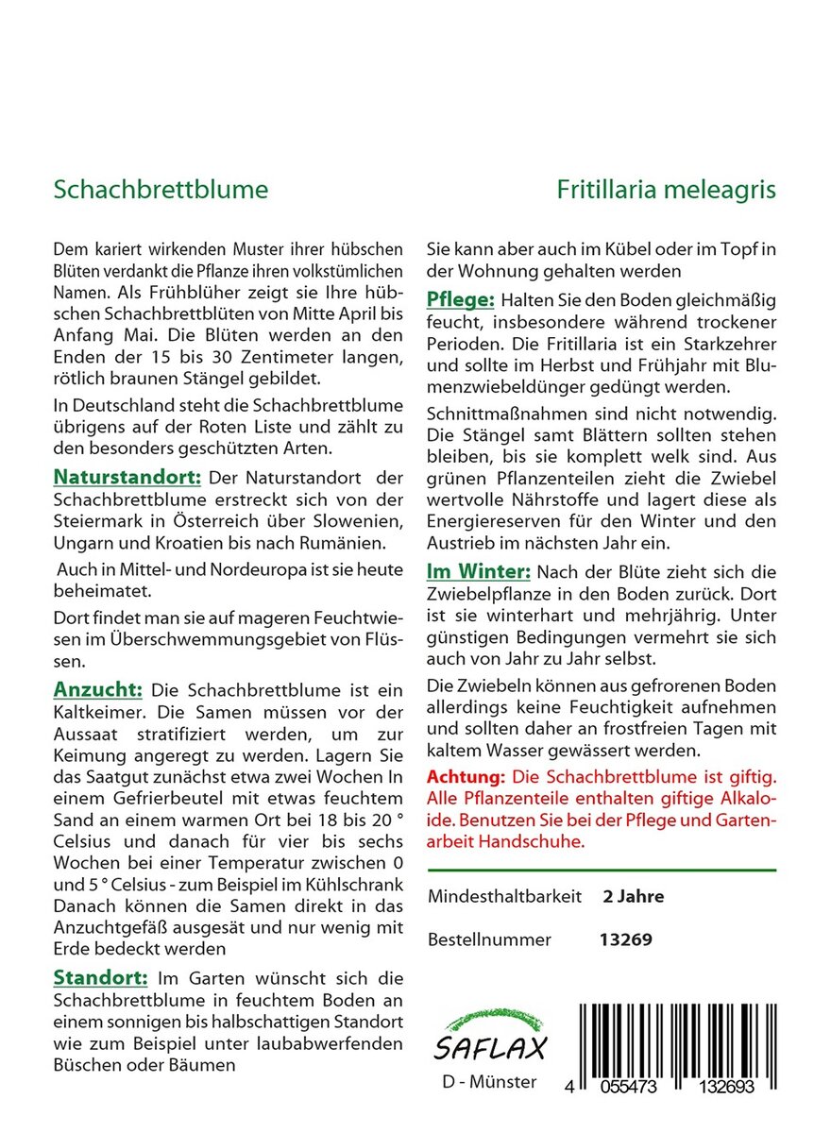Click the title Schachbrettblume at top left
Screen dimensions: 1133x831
tap(161, 190)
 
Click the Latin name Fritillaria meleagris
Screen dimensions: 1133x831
tap(666, 190)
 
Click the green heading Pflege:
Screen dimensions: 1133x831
tap(461, 299)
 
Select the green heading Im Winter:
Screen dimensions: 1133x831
tap(479, 571)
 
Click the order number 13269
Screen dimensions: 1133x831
tap(626, 939)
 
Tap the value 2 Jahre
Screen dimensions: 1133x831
tap(633, 896)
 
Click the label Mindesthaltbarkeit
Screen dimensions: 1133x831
tap(504, 896)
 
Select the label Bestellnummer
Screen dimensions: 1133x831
tap(489, 939)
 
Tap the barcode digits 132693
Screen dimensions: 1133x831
tap(721, 1087)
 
